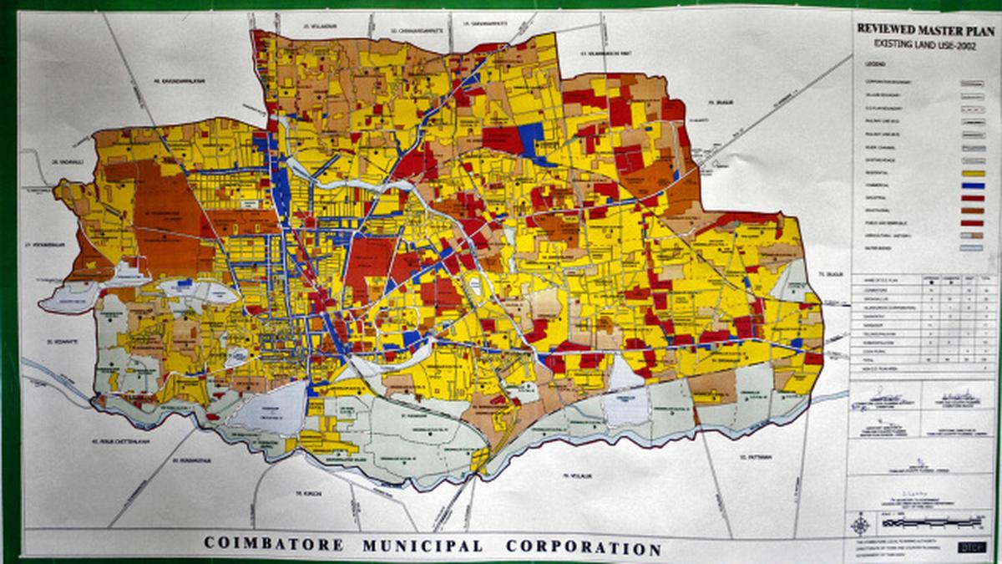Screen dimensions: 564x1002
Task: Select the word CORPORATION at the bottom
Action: [583, 548]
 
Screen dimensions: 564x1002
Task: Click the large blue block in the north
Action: [529, 136]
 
